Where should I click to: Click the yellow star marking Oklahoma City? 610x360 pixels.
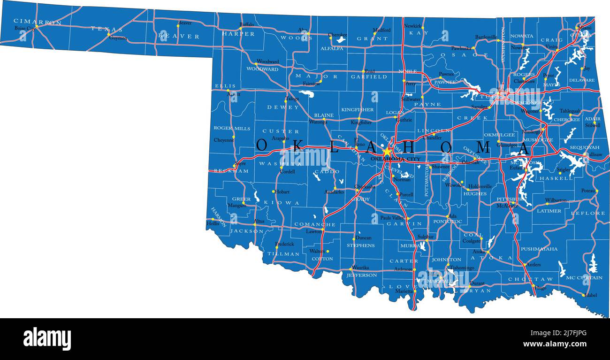[387, 152]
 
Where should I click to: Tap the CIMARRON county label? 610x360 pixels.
[38, 22]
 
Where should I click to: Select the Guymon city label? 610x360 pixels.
[118, 38]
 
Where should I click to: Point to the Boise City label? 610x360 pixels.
[24, 28]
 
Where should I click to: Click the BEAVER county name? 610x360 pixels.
[179, 36]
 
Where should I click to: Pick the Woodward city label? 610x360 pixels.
[267, 61]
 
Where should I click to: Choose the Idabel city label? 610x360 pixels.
[590, 295]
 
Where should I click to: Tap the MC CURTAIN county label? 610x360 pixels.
[584, 277]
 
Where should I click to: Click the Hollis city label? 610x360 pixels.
[213, 223]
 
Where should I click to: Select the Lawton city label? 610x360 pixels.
[313, 231]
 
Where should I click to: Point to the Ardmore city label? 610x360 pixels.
[403, 269]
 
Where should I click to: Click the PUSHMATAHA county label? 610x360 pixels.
[539, 249]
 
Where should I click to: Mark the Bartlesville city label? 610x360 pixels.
[486, 37]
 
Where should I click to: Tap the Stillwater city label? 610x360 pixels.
[411, 99]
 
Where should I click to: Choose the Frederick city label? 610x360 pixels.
[284, 244]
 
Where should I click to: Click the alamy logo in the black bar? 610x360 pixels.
[47, 338]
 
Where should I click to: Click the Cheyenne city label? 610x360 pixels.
[223, 140]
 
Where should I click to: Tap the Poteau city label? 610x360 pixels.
[587, 191]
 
